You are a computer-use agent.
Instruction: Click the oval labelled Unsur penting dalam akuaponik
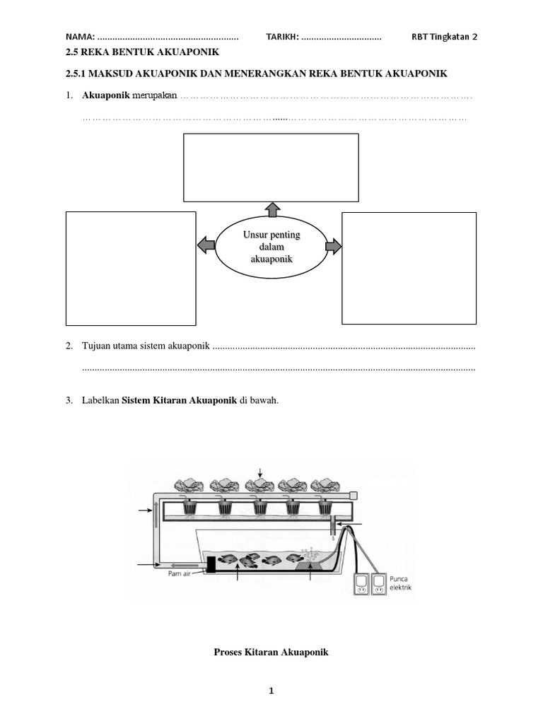(x=271, y=247)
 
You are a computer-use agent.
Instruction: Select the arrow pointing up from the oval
(x=271, y=209)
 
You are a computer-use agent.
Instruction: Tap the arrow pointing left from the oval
(x=205, y=245)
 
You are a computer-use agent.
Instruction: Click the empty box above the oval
(x=271, y=168)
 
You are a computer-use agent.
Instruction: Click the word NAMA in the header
(x=78, y=37)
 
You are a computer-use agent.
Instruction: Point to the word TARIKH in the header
(x=281, y=37)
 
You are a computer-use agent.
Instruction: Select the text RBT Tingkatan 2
(x=444, y=37)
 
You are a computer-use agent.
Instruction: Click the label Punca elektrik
(x=400, y=583)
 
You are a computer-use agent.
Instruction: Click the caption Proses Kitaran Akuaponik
(x=271, y=653)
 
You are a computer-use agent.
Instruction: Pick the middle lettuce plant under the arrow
(x=259, y=485)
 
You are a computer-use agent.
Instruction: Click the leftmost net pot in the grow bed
(x=190, y=507)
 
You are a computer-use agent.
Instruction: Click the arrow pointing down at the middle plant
(x=260, y=472)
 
